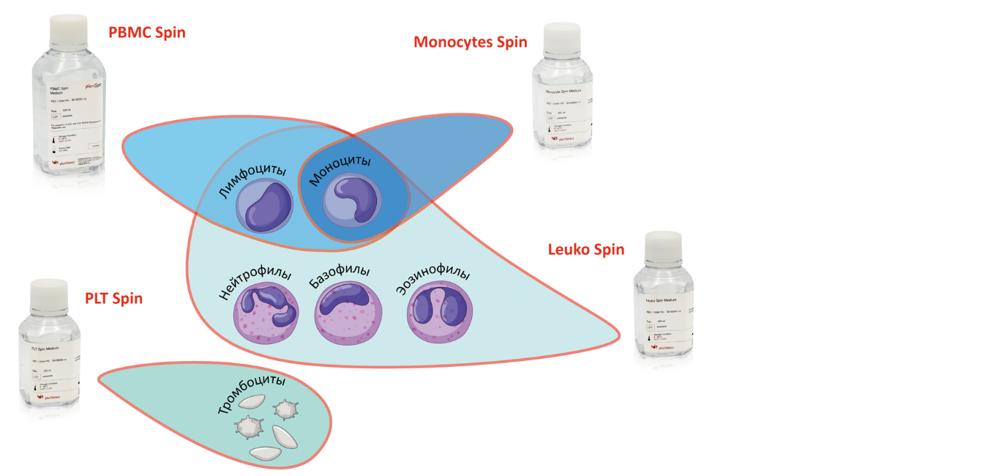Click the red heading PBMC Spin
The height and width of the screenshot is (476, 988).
[x=146, y=33]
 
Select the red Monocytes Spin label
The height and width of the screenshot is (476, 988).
[x=470, y=42]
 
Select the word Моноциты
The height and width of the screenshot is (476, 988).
[x=340, y=170]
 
